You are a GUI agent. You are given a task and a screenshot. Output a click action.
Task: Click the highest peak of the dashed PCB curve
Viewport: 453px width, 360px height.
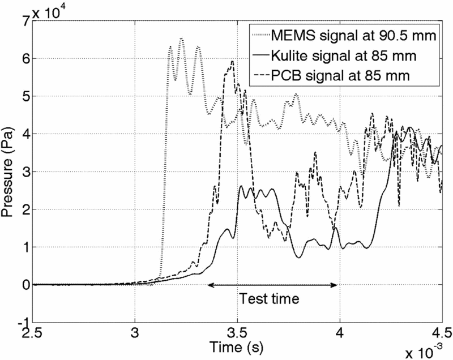(x=232, y=61)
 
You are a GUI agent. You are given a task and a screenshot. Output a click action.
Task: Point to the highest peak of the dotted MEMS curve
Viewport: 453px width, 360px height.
(x=181, y=38)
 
